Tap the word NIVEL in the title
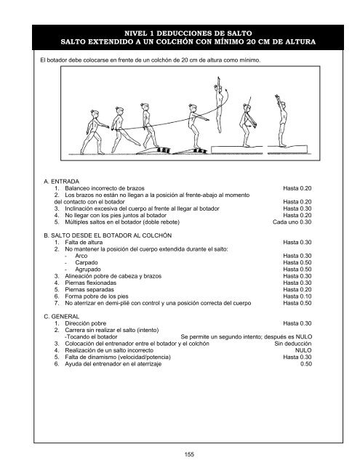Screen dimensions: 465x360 coord(139,33)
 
